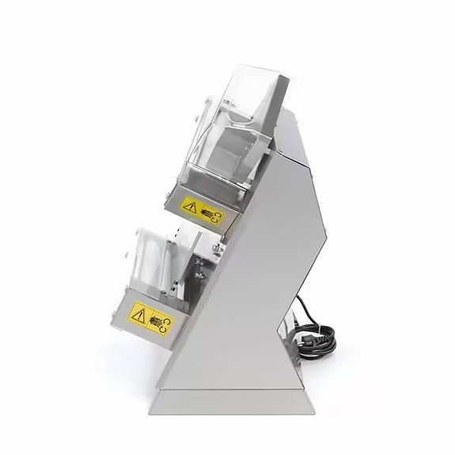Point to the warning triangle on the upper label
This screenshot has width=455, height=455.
pos(189,207)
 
